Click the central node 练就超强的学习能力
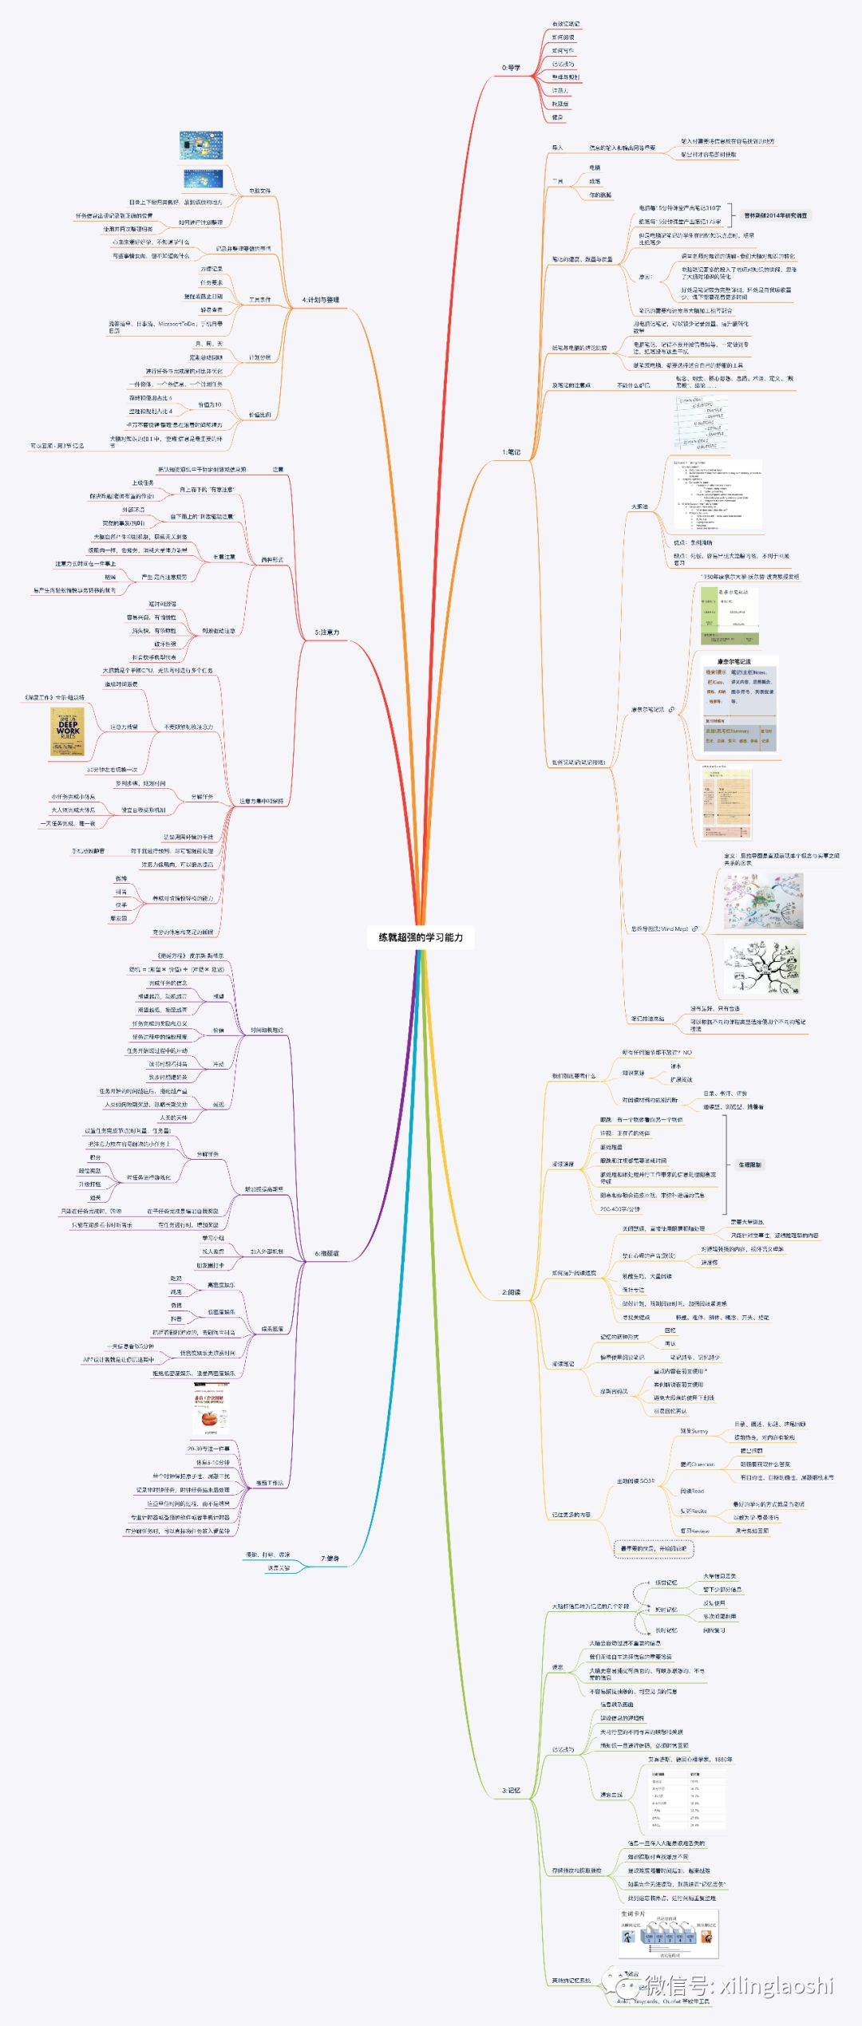[421, 937]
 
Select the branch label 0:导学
[511, 68]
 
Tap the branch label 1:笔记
[511, 452]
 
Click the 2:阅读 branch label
[511, 1291]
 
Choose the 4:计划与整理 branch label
[321, 300]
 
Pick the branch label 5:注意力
[326, 632]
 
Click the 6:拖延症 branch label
[326, 1253]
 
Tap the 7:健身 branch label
[330, 1558]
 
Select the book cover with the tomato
[211, 1412]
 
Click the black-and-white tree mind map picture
[761, 967]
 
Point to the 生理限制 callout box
[749, 1165]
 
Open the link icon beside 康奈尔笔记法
[671, 709]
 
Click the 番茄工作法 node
[269, 1483]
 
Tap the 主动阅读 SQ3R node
[635, 1480]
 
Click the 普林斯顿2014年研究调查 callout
[775, 215]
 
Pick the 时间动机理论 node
[267, 1030]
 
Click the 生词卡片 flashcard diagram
[669, 1935]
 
